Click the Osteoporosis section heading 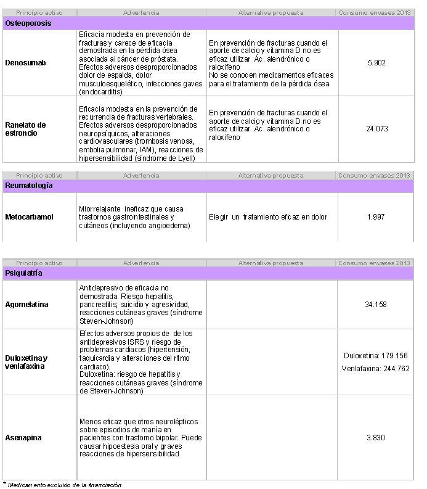(28, 23)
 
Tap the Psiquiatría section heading (24, 272)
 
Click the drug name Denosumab (25, 63)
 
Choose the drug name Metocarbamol (29, 217)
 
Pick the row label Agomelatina (26, 305)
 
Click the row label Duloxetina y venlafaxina (26, 362)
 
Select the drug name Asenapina (23, 438)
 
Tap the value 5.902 (376, 63)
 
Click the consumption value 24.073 (376, 129)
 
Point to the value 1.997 (376, 217)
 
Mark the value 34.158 (376, 305)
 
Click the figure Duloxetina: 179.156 (376, 356)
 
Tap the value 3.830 (376, 438)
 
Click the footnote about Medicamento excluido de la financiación (63, 485)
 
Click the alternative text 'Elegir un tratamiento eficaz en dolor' (268, 217)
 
